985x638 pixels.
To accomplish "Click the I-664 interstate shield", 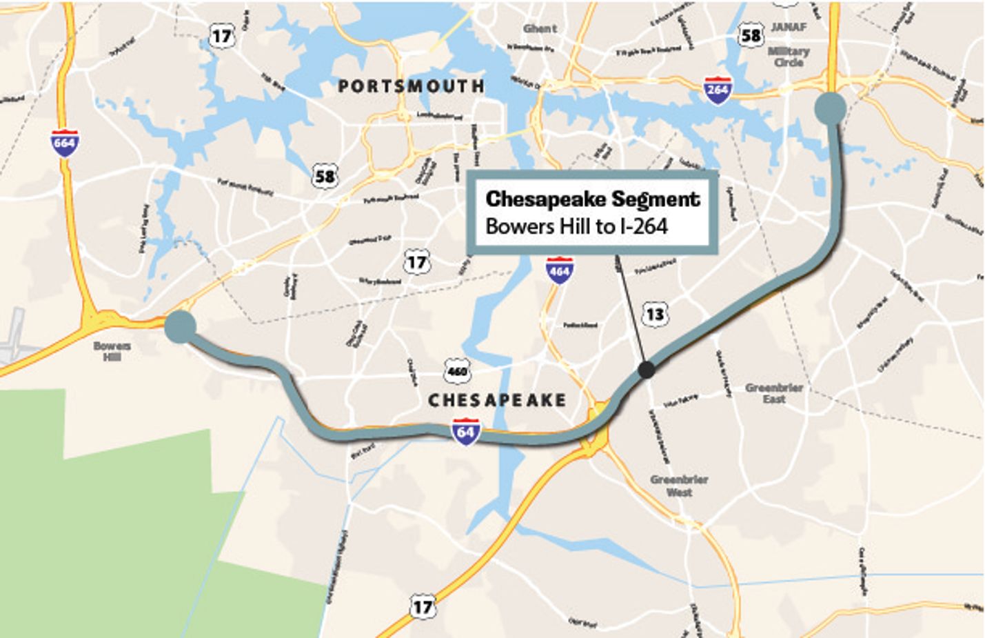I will click(64, 143).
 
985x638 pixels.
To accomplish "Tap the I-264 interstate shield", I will click(717, 90).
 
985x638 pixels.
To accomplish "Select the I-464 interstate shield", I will click(558, 270).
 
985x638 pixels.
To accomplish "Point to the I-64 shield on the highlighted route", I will click(465, 432).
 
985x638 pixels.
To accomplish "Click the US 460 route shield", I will click(457, 370).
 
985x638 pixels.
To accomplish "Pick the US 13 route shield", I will click(654, 315).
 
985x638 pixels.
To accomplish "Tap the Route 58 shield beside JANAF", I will click(751, 34).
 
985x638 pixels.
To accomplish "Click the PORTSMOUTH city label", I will click(412, 86).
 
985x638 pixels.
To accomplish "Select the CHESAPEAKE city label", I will click(497, 400).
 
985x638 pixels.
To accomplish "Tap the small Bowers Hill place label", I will click(112, 351).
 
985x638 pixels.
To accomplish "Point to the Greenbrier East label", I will click(774, 393).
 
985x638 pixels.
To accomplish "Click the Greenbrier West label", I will click(679, 486).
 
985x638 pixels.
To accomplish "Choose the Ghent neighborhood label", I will click(540, 28).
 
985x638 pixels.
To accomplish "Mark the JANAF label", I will click(789, 27).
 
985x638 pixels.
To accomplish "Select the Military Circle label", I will click(789, 57).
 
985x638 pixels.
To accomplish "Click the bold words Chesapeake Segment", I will click(593, 199).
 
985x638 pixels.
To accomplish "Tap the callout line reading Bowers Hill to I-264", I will click(576, 226).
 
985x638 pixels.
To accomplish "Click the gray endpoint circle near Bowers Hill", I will click(181, 326).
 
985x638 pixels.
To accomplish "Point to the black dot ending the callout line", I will click(646, 370).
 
